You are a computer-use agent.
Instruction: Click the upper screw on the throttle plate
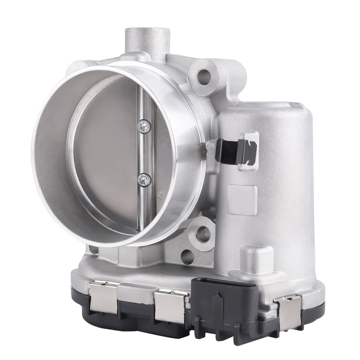(145, 126)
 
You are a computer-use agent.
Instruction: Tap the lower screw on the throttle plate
(144, 179)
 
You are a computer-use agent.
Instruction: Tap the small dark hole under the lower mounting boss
(187, 256)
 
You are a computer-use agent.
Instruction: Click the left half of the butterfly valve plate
(104, 155)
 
